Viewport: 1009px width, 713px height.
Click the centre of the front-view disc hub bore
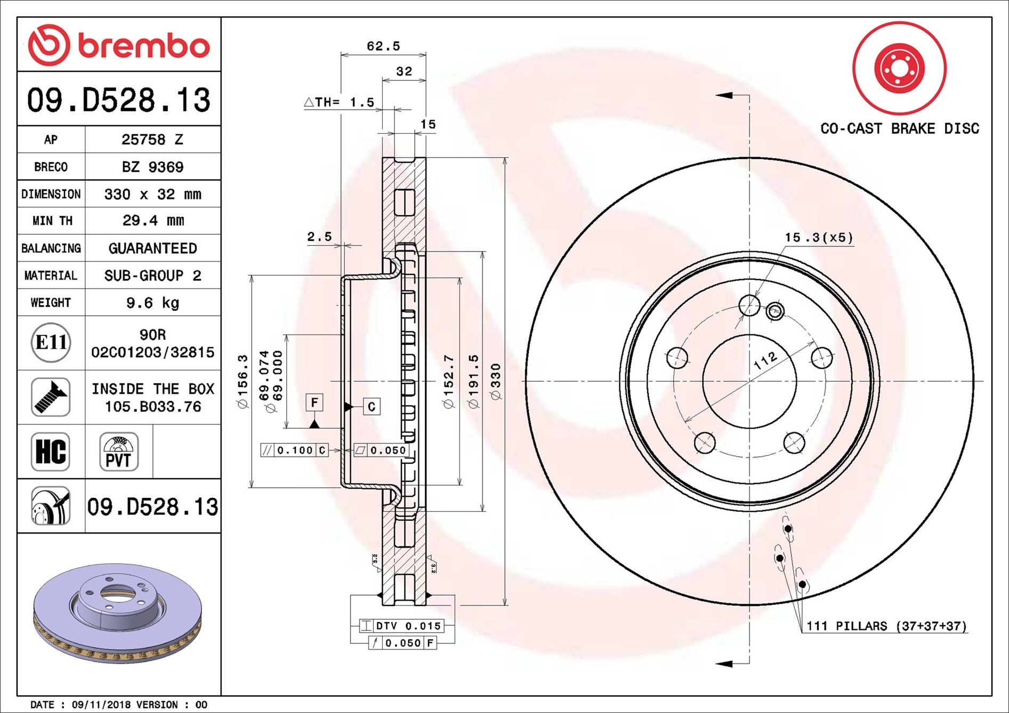[x=749, y=381]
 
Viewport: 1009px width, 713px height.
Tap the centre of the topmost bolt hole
[x=749, y=305]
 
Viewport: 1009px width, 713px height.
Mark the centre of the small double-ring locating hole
[x=775, y=312]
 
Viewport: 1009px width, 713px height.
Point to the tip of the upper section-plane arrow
[x=716, y=95]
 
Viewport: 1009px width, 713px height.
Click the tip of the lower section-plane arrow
[x=716, y=663]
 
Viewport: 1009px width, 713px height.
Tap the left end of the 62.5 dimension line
[x=341, y=54]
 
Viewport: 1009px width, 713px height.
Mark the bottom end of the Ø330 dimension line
[x=505, y=605]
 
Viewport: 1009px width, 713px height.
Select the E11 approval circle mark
[x=51, y=342]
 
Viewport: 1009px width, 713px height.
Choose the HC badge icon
[x=51, y=452]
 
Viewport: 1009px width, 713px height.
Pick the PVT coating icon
[x=119, y=452]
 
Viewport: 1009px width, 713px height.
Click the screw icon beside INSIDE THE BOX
[x=51, y=397]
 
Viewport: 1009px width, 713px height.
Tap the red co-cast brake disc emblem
[x=899, y=68]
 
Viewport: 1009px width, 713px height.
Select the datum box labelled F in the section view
[x=314, y=403]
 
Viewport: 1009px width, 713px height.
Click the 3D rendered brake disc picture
[x=117, y=613]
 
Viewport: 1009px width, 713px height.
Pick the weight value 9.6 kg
[x=153, y=303]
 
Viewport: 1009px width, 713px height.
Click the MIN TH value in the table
[x=153, y=220]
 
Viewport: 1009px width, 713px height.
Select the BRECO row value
[x=153, y=167]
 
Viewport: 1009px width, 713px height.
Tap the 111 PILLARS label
[x=886, y=626]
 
